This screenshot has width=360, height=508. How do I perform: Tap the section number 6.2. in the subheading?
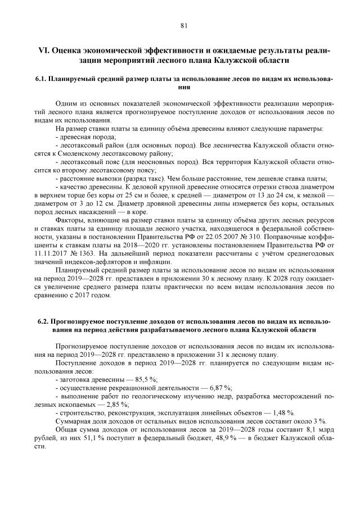pyautogui.click(x=45, y=322)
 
